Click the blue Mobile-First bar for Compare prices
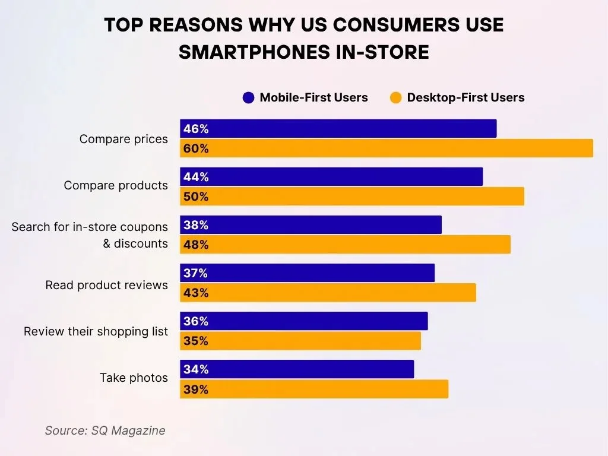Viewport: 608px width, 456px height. (x=338, y=129)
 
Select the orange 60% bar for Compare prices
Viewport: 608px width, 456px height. (x=386, y=148)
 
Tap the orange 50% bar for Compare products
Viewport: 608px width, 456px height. (x=351, y=197)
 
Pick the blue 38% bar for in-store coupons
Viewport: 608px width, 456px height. (x=311, y=225)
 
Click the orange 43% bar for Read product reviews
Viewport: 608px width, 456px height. (x=328, y=293)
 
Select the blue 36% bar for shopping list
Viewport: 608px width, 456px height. (x=303, y=321)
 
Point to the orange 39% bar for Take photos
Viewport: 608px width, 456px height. (x=314, y=389)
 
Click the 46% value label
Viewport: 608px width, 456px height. (x=196, y=129)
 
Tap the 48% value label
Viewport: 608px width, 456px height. (x=196, y=245)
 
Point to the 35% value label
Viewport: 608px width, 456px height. (x=196, y=341)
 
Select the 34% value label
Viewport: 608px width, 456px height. (x=196, y=369)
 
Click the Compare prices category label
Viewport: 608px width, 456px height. (x=123, y=139)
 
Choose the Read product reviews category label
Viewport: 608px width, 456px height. (x=106, y=285)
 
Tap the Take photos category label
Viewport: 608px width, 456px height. (x=134, y=378)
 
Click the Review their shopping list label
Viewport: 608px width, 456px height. (x=96, y=331)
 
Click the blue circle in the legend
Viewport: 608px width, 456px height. (x=249, y=98)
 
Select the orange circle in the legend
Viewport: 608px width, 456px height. (x=396, y=98)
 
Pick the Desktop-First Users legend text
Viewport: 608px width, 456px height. (x=465, y=98)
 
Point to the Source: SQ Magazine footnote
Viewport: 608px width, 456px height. (x=105, y=430)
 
